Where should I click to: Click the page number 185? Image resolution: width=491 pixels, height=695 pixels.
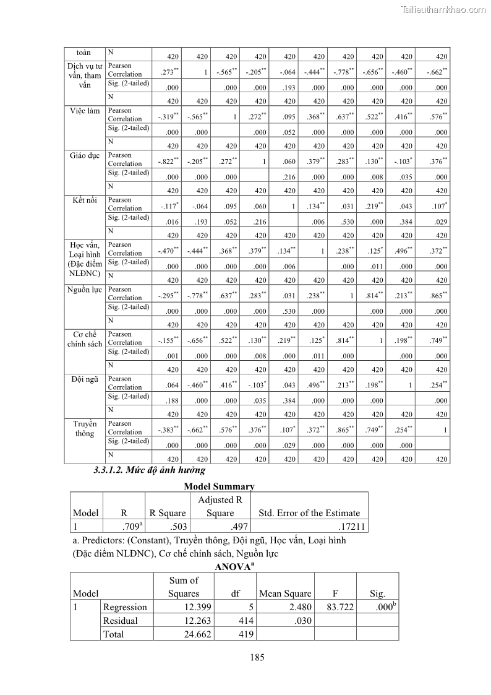coord(257,657)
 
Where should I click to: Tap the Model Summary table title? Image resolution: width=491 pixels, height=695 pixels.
coord(219,486)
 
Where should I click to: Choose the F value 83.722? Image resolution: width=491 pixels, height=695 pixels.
coord(339,607)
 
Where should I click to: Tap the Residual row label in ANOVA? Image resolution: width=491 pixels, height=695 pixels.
coord(120,620)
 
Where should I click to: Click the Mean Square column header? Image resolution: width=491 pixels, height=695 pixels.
coord(285,594)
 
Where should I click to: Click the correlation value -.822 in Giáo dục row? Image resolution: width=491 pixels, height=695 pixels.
coord(168,162)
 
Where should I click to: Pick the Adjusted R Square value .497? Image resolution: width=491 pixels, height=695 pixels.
coord(221,527)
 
